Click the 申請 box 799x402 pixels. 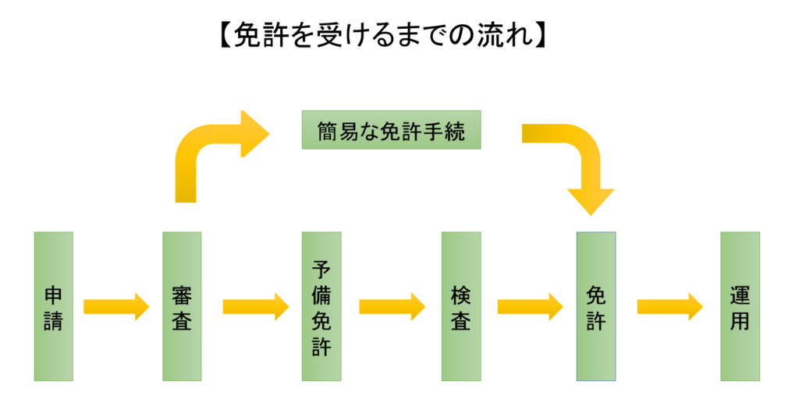tap(53, 306)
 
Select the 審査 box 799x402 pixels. tap(181, 306)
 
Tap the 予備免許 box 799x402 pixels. tap(321, 306)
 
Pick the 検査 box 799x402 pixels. tap(460, 306)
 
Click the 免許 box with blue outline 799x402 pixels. tap(595, 306)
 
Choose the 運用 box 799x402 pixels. tap(740, 306)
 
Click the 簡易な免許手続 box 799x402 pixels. tap(391, 131)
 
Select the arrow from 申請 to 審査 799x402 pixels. tap(115, 306)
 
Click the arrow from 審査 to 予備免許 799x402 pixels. tap(255, 306)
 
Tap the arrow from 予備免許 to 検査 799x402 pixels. tap(392, 306)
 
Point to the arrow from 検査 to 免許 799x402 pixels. tap(530, 306)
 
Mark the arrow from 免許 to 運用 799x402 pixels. tap(669, 306)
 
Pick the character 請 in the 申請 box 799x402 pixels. tap(53, 321)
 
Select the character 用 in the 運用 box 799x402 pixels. tap(740, 321)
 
